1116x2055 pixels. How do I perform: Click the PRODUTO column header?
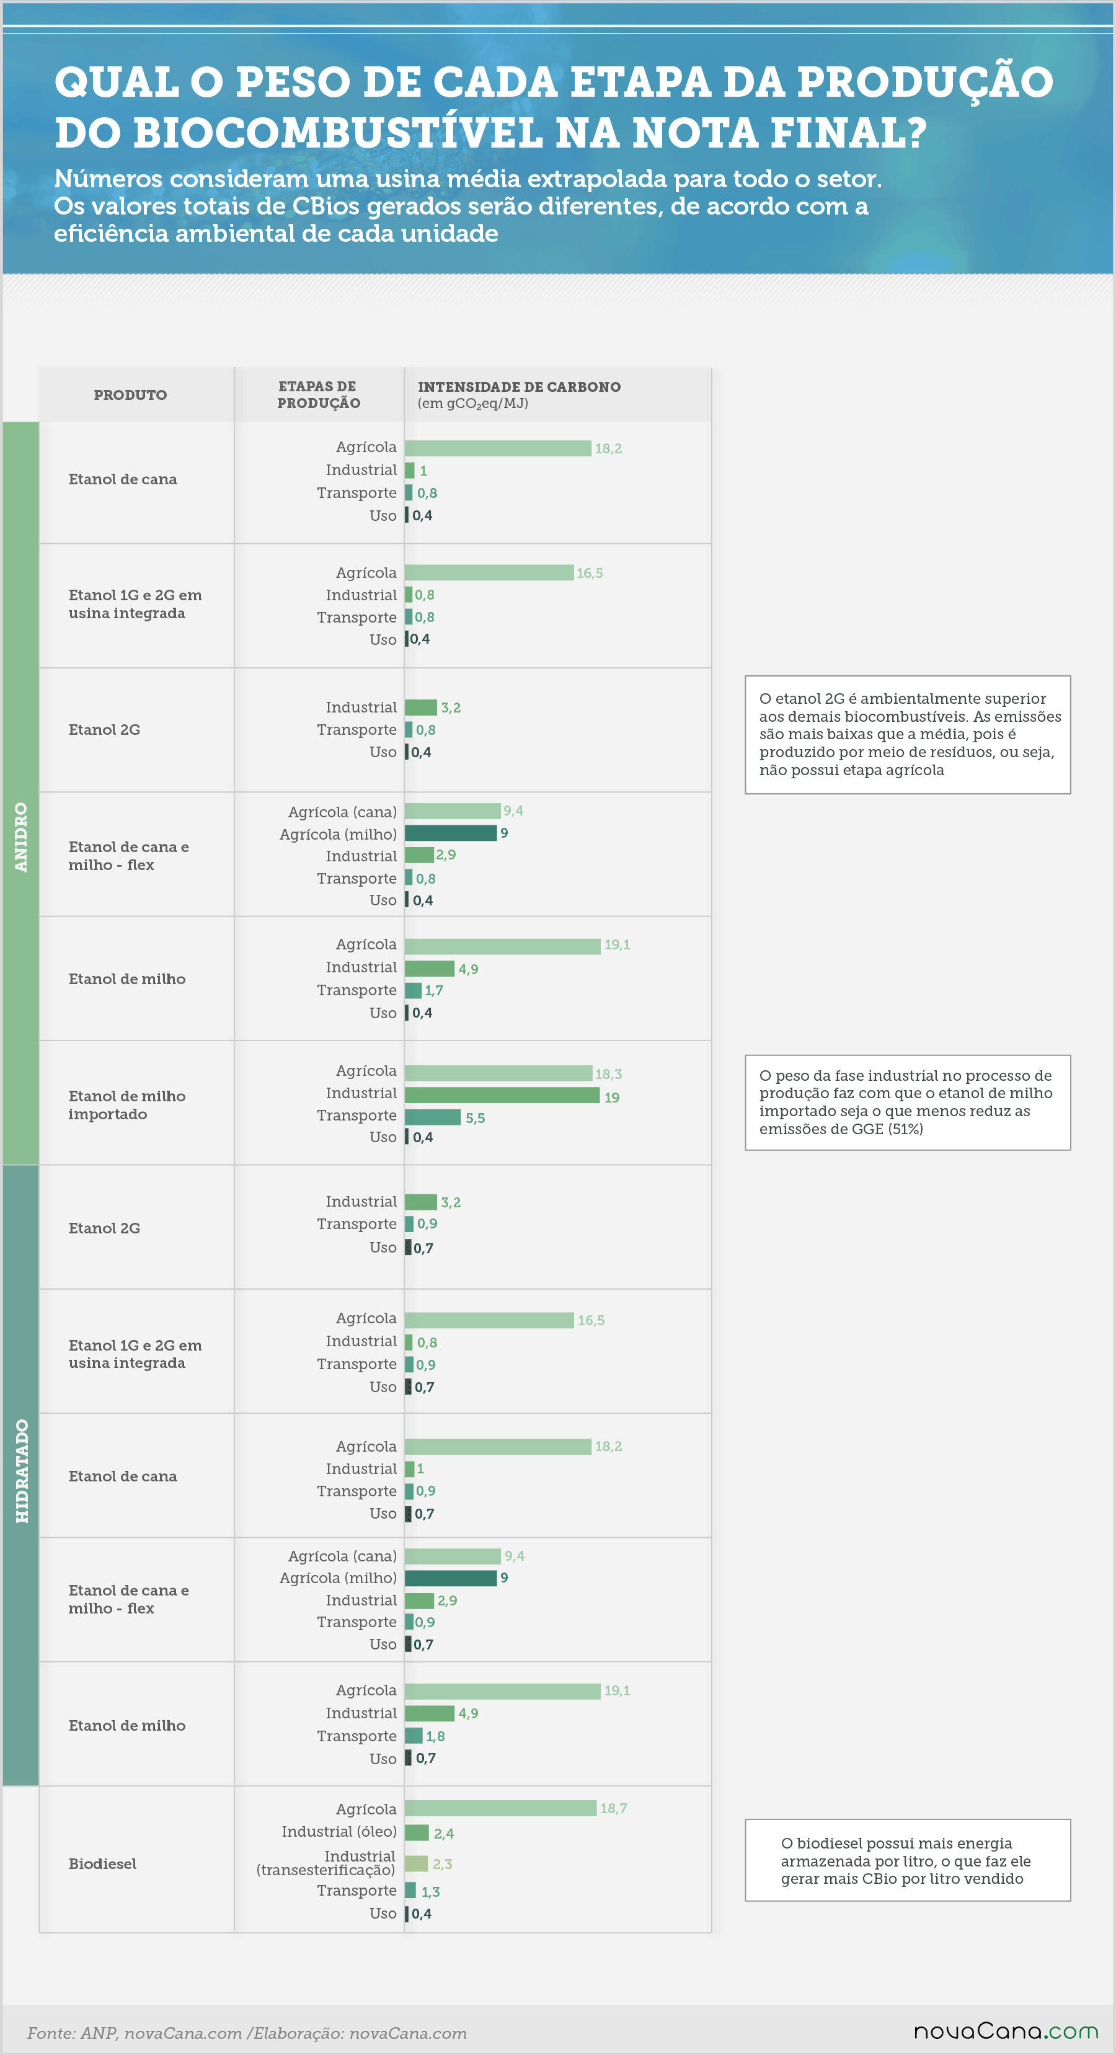pyautogui.click(x=130, y=395)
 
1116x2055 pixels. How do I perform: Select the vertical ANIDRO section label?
pyautogui.click(x=20, y=837)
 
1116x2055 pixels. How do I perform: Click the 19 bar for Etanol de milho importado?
pyautogui.click(x=502, y=1095)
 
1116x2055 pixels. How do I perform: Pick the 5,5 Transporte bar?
pyautogui.click(x=432, y=1117)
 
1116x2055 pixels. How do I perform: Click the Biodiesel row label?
pyautogui.click(x=102, y=1863)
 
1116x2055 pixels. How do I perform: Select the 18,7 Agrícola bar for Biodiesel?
pyautogui.click(x=500, y=1808)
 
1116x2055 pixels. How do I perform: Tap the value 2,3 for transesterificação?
pyautogui.click(x=442, y=1863)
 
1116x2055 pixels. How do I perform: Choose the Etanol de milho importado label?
pyautogui.click(x=127, y=1105)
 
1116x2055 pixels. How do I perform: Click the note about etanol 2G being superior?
pyautogui.click(x=908, y=735)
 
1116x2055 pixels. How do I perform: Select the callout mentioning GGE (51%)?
pyautogui.click(x=908, y=1103)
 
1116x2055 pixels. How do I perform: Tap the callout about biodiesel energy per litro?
pyautogui.click(x=908, y=1860)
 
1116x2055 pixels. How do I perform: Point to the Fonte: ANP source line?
pyautogui.click(x=247, y=2033)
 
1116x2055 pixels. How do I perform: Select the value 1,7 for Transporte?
pyautogui.click(x=434, y=991)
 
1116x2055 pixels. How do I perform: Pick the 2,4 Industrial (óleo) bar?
pyautogui.click(x=417, y=1832)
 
